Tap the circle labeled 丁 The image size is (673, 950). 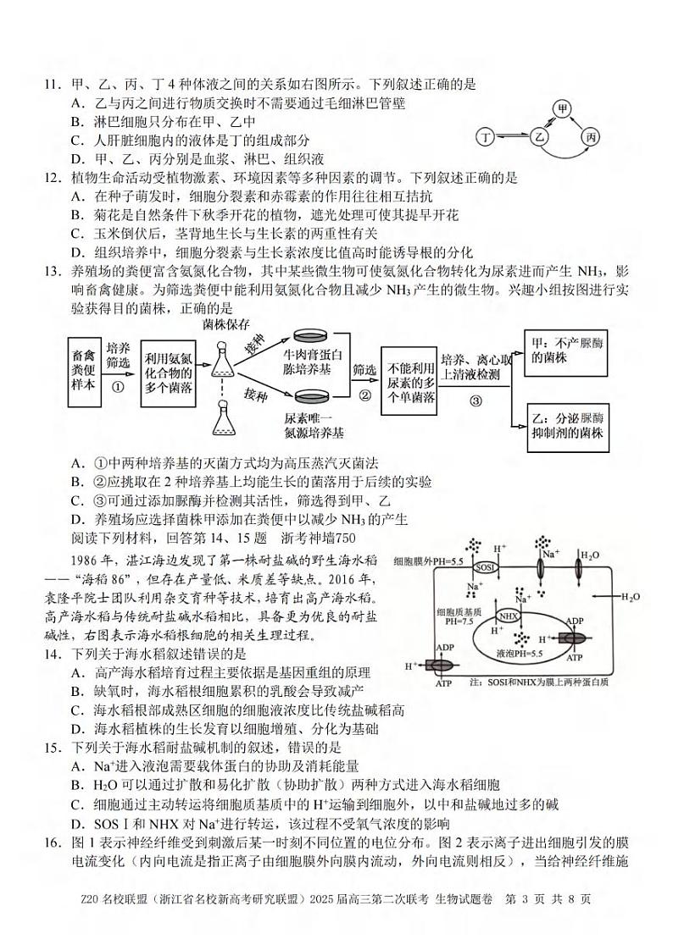tap(486, 136)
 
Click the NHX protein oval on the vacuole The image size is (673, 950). tap(508, 616)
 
